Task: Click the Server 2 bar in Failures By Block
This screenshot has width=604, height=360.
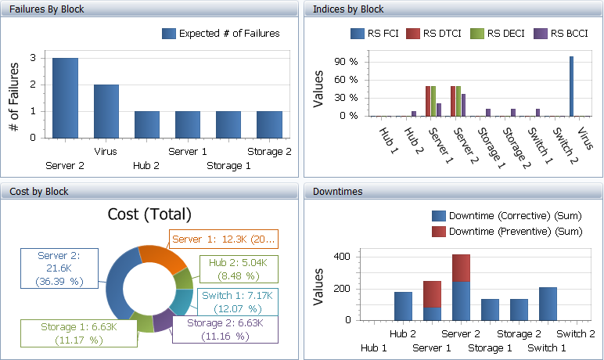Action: (x=65, y=97)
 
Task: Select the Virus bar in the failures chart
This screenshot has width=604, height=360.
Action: (x=106, y=110)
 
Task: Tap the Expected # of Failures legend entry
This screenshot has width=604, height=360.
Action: (x=221, y=34)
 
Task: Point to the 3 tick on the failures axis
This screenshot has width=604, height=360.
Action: (x=32, y=58)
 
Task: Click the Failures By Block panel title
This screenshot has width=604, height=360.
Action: (x=47, y=9)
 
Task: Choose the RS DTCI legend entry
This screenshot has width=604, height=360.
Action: (x=437, y=34)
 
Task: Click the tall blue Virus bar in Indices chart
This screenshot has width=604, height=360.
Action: (x=571, y=86)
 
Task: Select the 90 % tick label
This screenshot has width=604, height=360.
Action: (x=347, y=62)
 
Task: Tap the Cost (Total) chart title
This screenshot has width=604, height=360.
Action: (x=149, y=214)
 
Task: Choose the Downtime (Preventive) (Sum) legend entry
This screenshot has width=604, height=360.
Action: (x=507, y=232)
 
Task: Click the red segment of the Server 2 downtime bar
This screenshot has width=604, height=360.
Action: (x=461, y=268)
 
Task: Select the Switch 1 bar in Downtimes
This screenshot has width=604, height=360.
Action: (x=547, y=304)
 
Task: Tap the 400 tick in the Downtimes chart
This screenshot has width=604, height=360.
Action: (x=341, y=257)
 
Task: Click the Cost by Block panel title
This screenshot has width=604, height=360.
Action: (x=39, y=192)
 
